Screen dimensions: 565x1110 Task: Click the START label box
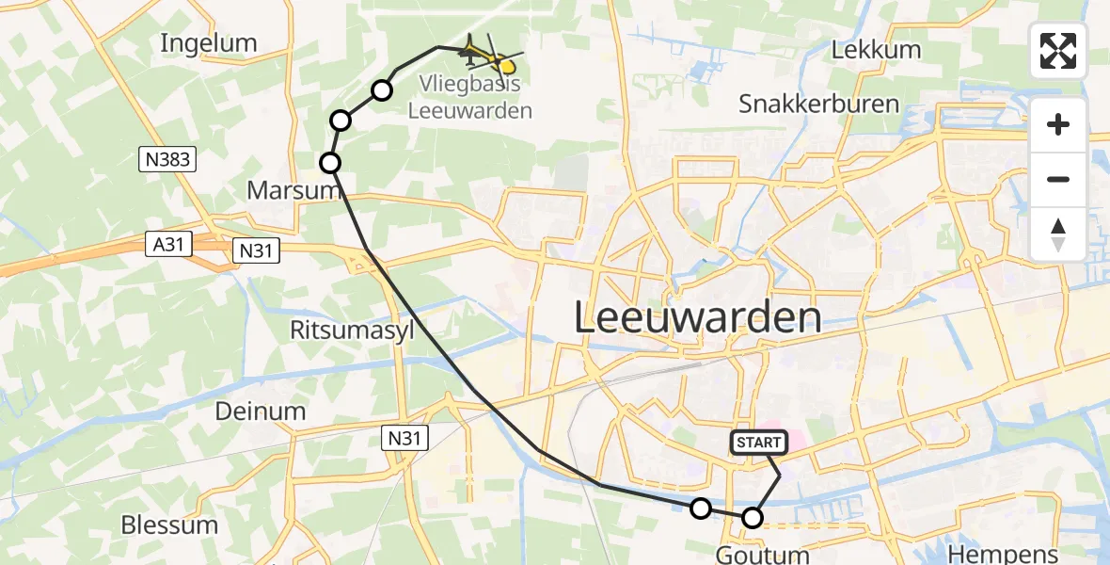(758, 442)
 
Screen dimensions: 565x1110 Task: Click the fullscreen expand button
(1058, 51)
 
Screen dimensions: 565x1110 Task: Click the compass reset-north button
(1058, 234)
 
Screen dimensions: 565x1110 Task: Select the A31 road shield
(169, 245)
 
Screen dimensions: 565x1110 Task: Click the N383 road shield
(169, 160)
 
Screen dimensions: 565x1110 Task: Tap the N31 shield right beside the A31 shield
(257, 249)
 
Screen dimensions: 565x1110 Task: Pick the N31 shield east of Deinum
(405, 437)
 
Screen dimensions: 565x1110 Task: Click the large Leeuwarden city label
(697, 318)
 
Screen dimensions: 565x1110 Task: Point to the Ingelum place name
(209, 42)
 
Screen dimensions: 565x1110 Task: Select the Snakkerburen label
(818, 104)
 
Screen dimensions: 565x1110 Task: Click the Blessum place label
(169, 525)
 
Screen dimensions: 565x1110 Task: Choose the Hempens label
(1004, 554)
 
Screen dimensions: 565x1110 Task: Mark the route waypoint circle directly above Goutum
(753, 517)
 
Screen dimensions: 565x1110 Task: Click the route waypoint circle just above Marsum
(330, 163)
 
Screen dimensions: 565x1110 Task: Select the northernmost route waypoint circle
(382, 90)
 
